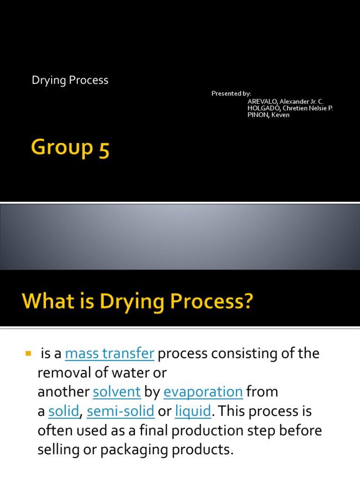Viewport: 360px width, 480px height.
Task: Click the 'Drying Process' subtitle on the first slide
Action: (70, 81)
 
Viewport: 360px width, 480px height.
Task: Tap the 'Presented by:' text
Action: (231, 94)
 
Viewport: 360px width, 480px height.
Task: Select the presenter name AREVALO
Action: (262, 101)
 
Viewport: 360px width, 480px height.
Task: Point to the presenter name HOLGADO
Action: (264, 108)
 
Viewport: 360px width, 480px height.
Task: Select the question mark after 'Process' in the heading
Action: (247, 301)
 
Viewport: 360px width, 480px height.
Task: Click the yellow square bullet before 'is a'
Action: (27, 352)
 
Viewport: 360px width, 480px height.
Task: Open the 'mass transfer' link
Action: (110, 354)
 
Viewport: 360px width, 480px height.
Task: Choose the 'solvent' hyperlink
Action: (117, 392)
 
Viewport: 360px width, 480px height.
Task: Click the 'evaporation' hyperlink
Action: (203, 392)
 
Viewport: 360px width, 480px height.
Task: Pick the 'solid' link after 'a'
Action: (64, 412)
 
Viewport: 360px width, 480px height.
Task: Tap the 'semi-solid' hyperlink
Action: (120, 412)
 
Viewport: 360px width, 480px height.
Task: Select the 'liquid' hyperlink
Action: (193, 412)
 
